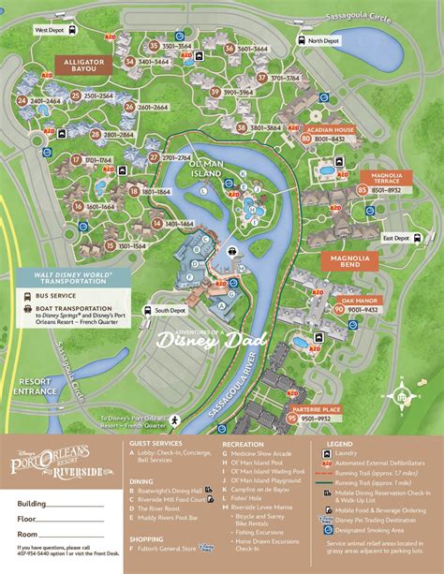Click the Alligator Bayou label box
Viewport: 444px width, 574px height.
[87, 64]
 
